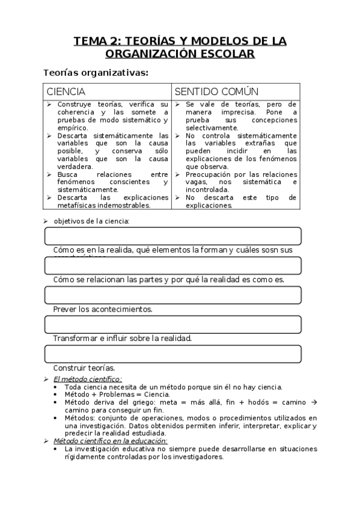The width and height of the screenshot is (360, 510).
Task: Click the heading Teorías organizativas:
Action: click(x=96, y=73)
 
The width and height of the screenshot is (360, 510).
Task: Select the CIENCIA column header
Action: click(x=66, y=91)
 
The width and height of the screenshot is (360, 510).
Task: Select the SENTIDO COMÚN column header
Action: click(x=216, y=91)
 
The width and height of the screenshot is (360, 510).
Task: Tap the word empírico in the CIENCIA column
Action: click(x=73, y=127)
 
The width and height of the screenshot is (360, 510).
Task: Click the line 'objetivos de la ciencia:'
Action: click(x=91, y=221)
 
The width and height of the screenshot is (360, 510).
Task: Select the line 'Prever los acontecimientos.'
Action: click(x=103, y=309)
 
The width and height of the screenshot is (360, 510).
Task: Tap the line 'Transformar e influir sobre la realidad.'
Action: click(x=122, y=338)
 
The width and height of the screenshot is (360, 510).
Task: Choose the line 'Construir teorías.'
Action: click(x=84, y=367)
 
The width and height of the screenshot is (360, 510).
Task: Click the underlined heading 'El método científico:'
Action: click(x=88, y=379)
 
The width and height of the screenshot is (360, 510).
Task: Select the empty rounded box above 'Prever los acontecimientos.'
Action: click(x=172, y=295)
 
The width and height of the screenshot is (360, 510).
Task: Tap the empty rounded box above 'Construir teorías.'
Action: click(x=172, y=354)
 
